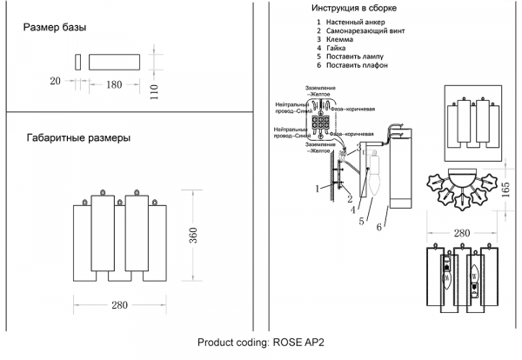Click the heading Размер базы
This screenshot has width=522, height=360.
[x=54, y=28]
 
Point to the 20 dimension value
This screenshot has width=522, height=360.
[x=56, y=82]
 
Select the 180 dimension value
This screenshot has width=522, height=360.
[x=114, y=84]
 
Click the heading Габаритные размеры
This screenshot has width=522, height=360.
[x=79, y=138]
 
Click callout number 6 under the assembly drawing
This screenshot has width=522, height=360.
[x=379, y=228]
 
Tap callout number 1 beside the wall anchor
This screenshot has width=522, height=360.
[x=317, y=188]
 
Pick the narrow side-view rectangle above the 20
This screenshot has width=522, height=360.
[x=77, y=63]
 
